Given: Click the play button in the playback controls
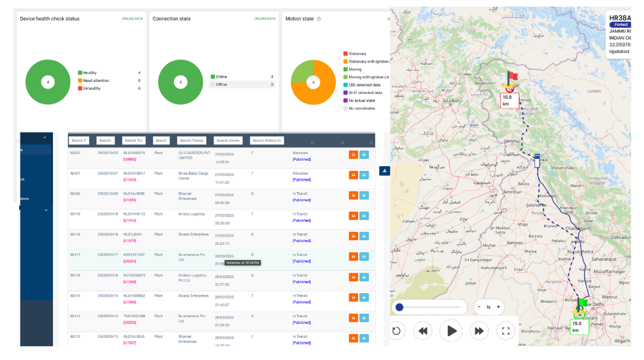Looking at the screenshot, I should (452, 331).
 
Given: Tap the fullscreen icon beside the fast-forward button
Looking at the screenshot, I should (506, 331).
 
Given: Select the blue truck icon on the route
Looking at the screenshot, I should (537, 161).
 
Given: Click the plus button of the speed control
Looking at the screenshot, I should (498, 307).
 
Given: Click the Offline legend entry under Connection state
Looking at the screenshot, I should (223, 84).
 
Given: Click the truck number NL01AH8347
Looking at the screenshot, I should (134, 173).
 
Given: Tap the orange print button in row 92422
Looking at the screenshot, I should (353, 155).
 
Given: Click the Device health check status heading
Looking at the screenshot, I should (49, 19).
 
